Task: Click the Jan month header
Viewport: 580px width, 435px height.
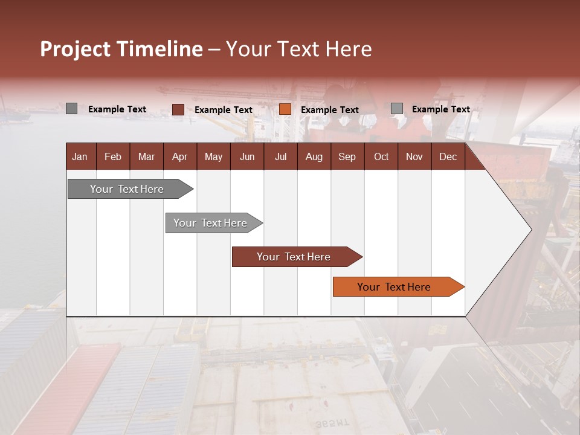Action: [80, 157]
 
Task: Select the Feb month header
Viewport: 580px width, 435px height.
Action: [113, 157]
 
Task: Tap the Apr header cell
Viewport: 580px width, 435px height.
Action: [179, 157]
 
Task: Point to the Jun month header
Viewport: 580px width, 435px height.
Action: [247, 157]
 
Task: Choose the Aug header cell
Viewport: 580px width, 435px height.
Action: [314, 157]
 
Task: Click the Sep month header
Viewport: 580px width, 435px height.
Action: [347, 157]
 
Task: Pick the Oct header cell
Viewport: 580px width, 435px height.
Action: [381, 157]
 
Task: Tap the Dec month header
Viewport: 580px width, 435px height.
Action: [448, 157]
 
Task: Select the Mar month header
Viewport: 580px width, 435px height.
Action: [146, 157]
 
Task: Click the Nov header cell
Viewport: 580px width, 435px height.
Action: [414, 157]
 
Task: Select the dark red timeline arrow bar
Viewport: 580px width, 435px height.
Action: [296, 257]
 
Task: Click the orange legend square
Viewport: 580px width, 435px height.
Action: [285, 109]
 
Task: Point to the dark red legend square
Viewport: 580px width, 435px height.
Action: [178, 109]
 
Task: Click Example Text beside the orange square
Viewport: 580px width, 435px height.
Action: [329, 110]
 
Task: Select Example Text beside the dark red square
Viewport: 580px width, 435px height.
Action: [223, 110]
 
